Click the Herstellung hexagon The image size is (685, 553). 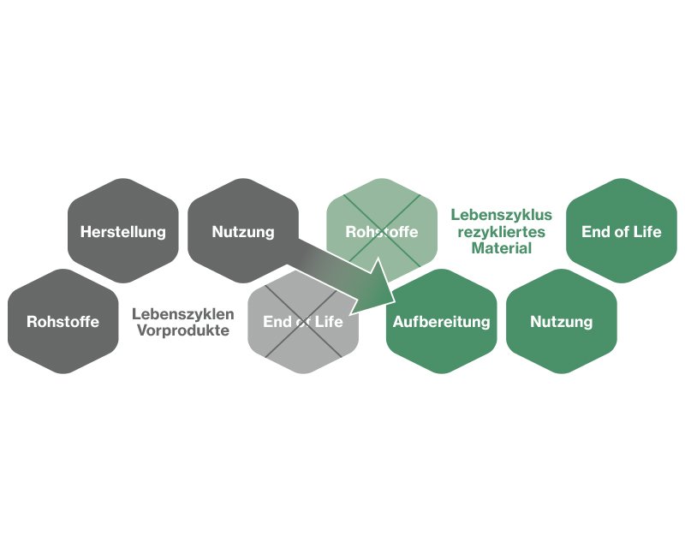[122, 231]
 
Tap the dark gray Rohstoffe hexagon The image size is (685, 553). [63, 322]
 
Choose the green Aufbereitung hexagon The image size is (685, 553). [442, 322]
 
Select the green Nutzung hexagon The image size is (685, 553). [561, 322]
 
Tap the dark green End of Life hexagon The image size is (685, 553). [621, 231]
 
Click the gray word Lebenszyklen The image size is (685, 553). [183, 314]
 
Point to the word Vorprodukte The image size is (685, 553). [183, 330]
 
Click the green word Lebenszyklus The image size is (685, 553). [501, 215]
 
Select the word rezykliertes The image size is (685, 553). [501, 231]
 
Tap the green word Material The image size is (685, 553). [501, 248]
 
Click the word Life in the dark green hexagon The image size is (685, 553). [646, 231]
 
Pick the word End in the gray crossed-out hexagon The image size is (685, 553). [277, 322]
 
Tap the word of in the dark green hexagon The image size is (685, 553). [620, 231]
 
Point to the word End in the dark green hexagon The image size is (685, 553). [595, 231]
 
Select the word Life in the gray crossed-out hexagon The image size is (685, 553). [329, 322]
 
